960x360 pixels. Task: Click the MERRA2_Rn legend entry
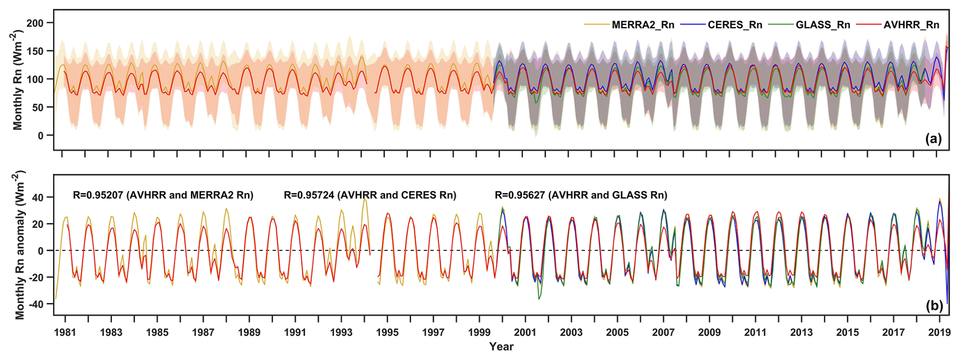coord(642,25)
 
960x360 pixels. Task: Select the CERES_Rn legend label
coord(735,25)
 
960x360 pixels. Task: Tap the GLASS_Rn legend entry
coord(823,25)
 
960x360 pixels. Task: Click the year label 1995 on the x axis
coord(387,332)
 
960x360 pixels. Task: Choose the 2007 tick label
coord(663,332)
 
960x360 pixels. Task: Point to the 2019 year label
coord(939,332)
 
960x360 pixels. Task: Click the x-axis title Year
coord(501,347)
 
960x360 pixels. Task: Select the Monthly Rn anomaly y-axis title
coord(20,245)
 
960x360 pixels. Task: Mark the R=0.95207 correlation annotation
coord(163,195)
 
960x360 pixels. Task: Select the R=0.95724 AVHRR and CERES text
coord(370,195)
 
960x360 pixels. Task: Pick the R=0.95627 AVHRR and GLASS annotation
coord(581,195)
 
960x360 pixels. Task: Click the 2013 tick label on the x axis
coord(801,332)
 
